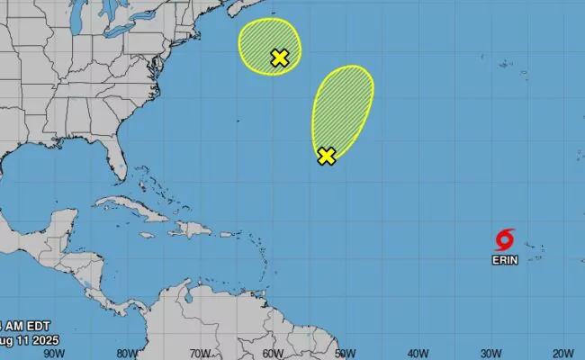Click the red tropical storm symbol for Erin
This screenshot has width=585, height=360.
[x=505, y=239]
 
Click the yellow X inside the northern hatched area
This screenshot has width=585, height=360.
[x=279, y=58]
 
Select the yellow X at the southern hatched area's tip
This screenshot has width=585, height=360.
[x=327, y=156]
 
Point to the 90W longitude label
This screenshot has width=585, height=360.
[x=55, y=353]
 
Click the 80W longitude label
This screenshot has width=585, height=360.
[x=128, y=353]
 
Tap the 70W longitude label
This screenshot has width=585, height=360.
[x=200, y=353]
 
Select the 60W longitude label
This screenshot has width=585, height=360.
[x=273, y=353]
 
